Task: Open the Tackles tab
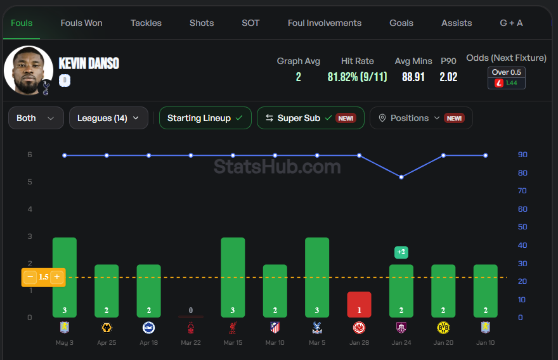pos(146,23)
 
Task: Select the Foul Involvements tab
pos(325,23)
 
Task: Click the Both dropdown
pos(36,118)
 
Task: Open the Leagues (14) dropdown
pos(108,118)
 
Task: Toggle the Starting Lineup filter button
pos(205,118)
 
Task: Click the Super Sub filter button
pos(311,118)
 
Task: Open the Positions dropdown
pos(421,118)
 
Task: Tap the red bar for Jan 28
pos(359,304)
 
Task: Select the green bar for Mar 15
pos(233,278)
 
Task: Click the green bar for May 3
pos(65,278)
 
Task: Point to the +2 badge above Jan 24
pos(401,252)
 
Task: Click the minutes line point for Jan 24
pos(401,177)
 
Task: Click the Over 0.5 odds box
pos(507,78)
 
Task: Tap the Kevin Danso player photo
pos(29,70)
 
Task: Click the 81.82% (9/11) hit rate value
pos(357,77)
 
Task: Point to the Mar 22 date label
pos(191,342)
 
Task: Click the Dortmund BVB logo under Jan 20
pos(443,328)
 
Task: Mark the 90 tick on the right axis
pos(522,155)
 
